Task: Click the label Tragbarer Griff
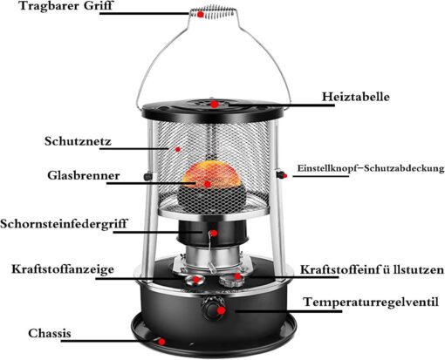(65, 6)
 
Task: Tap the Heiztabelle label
(355, 97)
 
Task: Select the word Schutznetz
(78, 141)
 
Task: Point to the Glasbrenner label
(84, 175)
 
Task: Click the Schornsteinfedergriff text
(64, 224)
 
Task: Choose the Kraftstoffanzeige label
(63, 269)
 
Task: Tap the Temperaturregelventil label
(371, 302)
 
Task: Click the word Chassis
(50, 333)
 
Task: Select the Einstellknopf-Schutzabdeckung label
(371, 168)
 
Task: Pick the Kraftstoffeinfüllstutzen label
(372, 269)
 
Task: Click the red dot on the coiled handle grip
(200, 15)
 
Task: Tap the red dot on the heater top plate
(215, 104)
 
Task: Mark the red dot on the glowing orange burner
(207, 184)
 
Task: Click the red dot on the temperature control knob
(221, 310)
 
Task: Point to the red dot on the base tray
(162, 342)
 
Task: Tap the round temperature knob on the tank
(213, 308)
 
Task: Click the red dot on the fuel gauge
(196, 280)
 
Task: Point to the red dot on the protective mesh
(178, 149)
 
